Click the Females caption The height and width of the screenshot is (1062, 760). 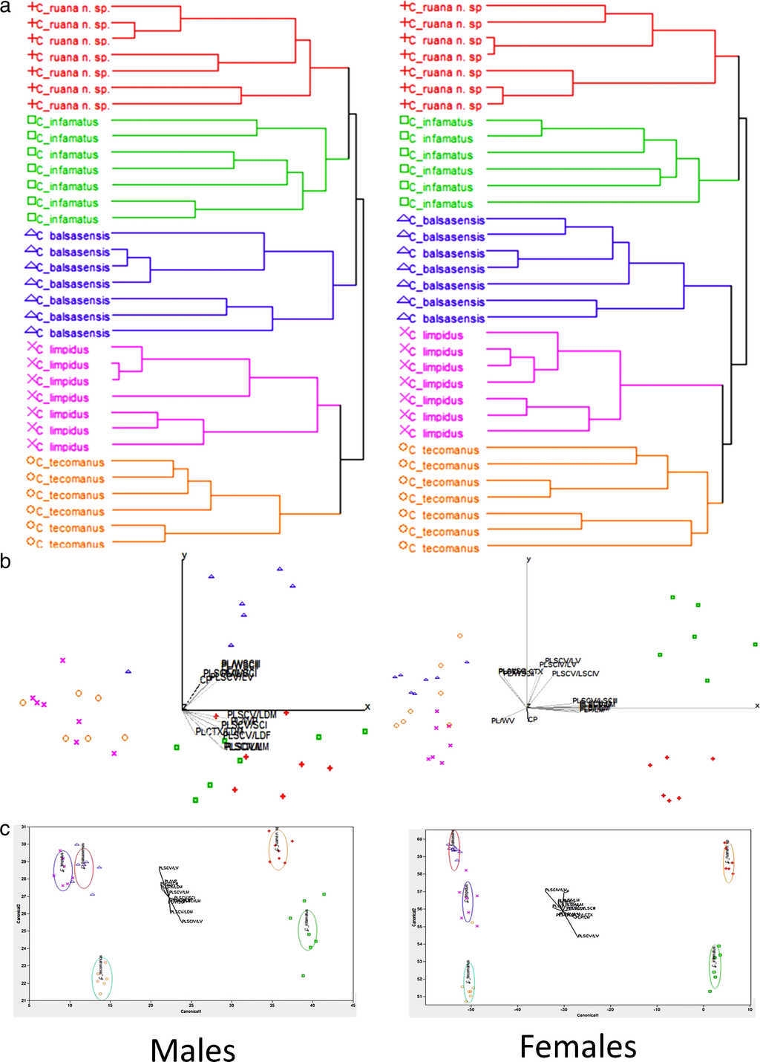577,1046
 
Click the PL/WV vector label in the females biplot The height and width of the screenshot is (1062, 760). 502,720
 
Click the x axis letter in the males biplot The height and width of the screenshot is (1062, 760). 367,706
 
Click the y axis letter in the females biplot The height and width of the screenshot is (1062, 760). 528,559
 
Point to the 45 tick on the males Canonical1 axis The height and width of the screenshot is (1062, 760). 353,1006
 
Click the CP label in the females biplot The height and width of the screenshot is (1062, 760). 532,719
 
